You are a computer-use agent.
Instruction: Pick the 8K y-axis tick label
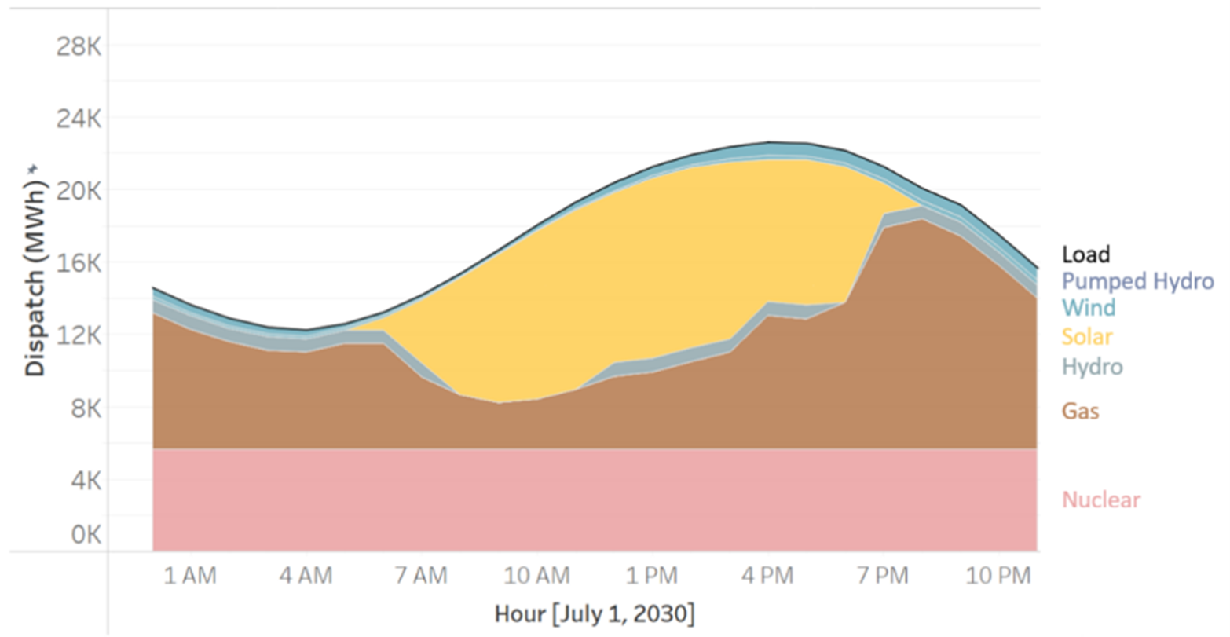click(x=83, y=408)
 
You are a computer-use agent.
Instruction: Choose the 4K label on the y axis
click(x=83, y=481)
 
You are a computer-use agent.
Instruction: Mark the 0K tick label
click(x=83, y=536)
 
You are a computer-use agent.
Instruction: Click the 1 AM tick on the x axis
click(x=190, y=576)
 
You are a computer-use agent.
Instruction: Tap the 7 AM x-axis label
click(x=420, y=576)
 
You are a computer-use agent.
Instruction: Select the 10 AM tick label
click(x=537, y=576)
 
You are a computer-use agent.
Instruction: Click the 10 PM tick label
click(x=998, y=576)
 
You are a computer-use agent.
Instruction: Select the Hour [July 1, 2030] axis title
click(x=595, y=613)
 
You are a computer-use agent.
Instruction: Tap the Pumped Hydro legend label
click(x=1137, y=281)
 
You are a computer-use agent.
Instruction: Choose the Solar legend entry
click(x=1087, y=337)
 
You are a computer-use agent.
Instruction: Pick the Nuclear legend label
click(x=1100, y=500)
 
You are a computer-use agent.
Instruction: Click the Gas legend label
click(x=1080, y=411)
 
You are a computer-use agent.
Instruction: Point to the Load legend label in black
click(x=1085, y=254)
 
